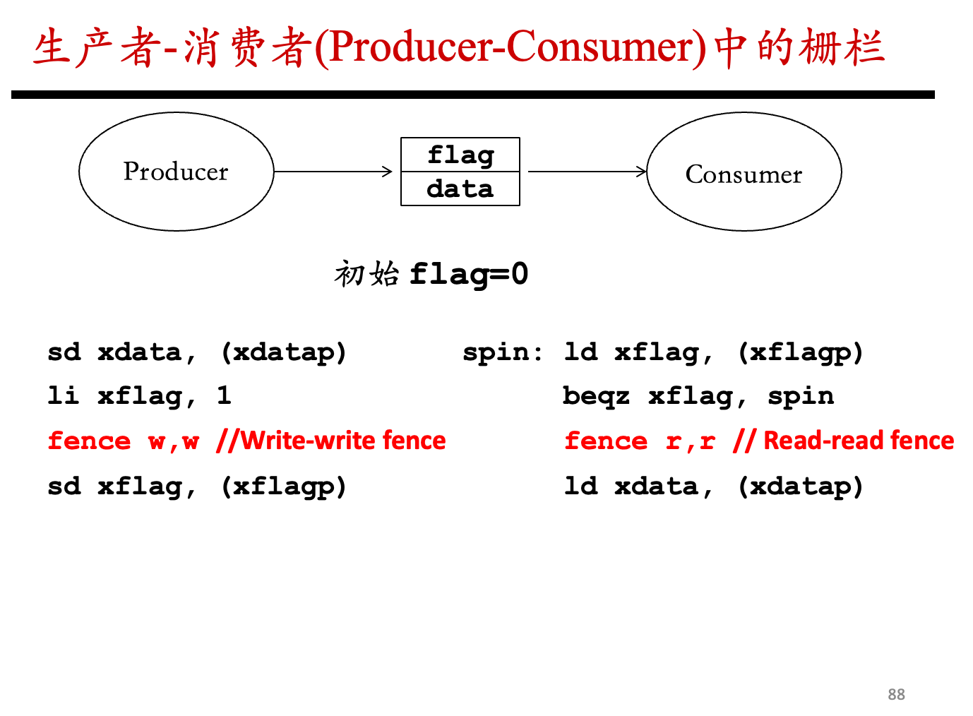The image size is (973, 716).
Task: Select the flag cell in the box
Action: pyautogui.click(x=460, y=155)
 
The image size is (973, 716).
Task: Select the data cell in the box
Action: pyautogui.click(x=460, y=189)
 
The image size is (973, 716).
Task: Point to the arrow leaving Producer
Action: pyautogui.click(x=333, y=172)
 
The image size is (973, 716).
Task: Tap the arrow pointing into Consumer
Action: pyautogui.click(x=587, y=172)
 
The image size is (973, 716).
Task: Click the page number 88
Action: pyautogui.click(x=897, y=695)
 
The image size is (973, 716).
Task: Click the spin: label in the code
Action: pyautogui.click(x=503, y=352)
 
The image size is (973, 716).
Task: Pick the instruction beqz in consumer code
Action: pyautogui.click(x=597, y=397)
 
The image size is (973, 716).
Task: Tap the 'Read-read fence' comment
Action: pyautogui.click(x=859, y=441)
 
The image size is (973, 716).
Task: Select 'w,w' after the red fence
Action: pyautogui.click(x=174, y=442)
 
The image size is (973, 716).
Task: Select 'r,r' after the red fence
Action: pyautogui.click(x=691, y=442)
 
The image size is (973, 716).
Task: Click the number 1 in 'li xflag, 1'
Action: pyautogui.click(x=224, y=395)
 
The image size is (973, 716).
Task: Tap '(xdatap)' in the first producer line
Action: pyautogui.click(x=284, y=353)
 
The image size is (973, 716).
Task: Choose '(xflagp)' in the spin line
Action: pyautogui.click(x=801, y=353)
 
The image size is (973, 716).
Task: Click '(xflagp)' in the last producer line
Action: pyautogui.click(x=284, y=487)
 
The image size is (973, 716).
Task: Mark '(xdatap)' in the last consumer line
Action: pyautogui.click(x=801, y=487)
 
